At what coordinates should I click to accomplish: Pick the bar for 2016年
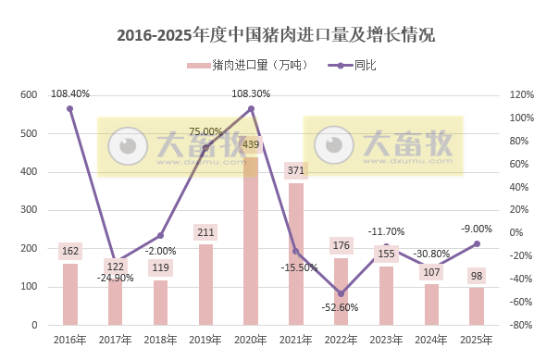point(70,294)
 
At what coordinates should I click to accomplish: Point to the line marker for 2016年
point(70,109)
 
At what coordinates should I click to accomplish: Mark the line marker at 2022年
point(342,294)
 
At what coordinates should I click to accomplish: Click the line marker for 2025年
point(478,243)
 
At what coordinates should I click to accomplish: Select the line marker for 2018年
point(160,236)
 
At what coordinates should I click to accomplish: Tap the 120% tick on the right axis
point(522,95)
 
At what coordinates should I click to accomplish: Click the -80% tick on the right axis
point(522,326)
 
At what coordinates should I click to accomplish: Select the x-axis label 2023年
point(387,341)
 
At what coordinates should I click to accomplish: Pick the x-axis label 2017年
point(115,341)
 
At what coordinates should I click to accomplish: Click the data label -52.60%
point(342,307)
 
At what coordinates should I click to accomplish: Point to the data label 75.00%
point(205,132)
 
